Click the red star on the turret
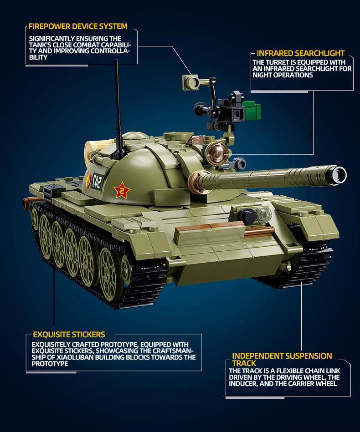pyautogui.click(x=122, y=190)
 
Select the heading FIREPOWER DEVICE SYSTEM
pyautogui.click(x=78, y=26)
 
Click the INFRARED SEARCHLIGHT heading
pyautogui.click(x=300, y=53)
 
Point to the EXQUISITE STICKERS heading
pyautogui.click(x=69, y=335)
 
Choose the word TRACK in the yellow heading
pyautogui.click(x=244, y=363)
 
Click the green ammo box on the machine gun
pyautogui.click(x=251, y=110)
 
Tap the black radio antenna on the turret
pyautogui.click(x=118, y=109)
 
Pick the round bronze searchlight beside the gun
pyautogui.click(x=216, y=153)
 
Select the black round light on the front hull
pyautogui.click(x=247, y=216)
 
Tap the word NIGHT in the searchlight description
pyautogui.click(x=262, y=75)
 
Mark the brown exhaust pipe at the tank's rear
pyautogui.click(x=29, y=203)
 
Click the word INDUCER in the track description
pyautogui.click(x=243, y=384)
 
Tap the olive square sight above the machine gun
pyautogui.click(x=191, y=82)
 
